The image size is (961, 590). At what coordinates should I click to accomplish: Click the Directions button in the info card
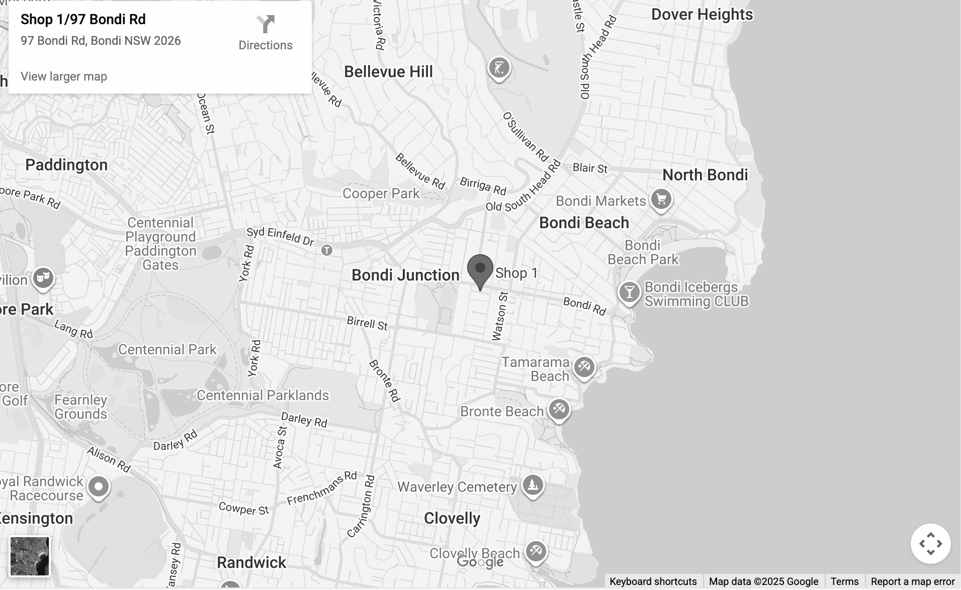pyautogui.click(x=265, y=33)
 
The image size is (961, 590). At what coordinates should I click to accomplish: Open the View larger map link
pyautogui.click(x=64, y=77)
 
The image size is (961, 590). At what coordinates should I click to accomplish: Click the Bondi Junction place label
pyautogui.click(x=405, y=275)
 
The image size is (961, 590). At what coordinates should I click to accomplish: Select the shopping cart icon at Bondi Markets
pyautogui.click(x=661, y=199)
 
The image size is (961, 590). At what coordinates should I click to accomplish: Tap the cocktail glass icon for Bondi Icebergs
pyautogui.click(x=629, y=292)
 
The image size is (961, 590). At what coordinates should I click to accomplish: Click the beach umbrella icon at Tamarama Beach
pyautogui.click(x=584, y=366)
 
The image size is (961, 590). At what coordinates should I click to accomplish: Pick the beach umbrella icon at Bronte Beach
pyautogui.click(x=559, y=409)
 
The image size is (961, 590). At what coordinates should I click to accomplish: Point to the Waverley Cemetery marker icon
pyautogui.click(x=533, y=485)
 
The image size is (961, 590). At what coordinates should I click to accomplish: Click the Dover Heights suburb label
pyautogui.click(x=702, y=15)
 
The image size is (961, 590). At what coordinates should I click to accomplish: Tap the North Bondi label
pyautogui.click(x=705, y=175)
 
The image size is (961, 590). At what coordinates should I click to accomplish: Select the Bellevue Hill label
pyautogui.click(x=388, y=72)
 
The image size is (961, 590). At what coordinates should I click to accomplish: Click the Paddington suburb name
pyautogui.click(x=66, y=165)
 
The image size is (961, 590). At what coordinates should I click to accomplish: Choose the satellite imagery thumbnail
pyautogui.click(x=30, y=556)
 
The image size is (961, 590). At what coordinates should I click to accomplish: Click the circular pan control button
pyautogui.click(x=930, y=544)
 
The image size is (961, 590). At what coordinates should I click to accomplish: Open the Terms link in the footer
pyautogui.click(x=844, y=581)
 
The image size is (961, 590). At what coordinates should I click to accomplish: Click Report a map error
pyautogui.click(x=912, y=581)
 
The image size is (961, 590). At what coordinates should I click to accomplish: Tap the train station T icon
pyautogui.click(x=327, y=250)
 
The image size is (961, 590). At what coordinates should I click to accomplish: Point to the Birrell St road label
pyautogui.click(x=367, y=323)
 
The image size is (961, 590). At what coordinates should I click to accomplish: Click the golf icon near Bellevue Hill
pyautogui.click(x=499, y=67)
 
